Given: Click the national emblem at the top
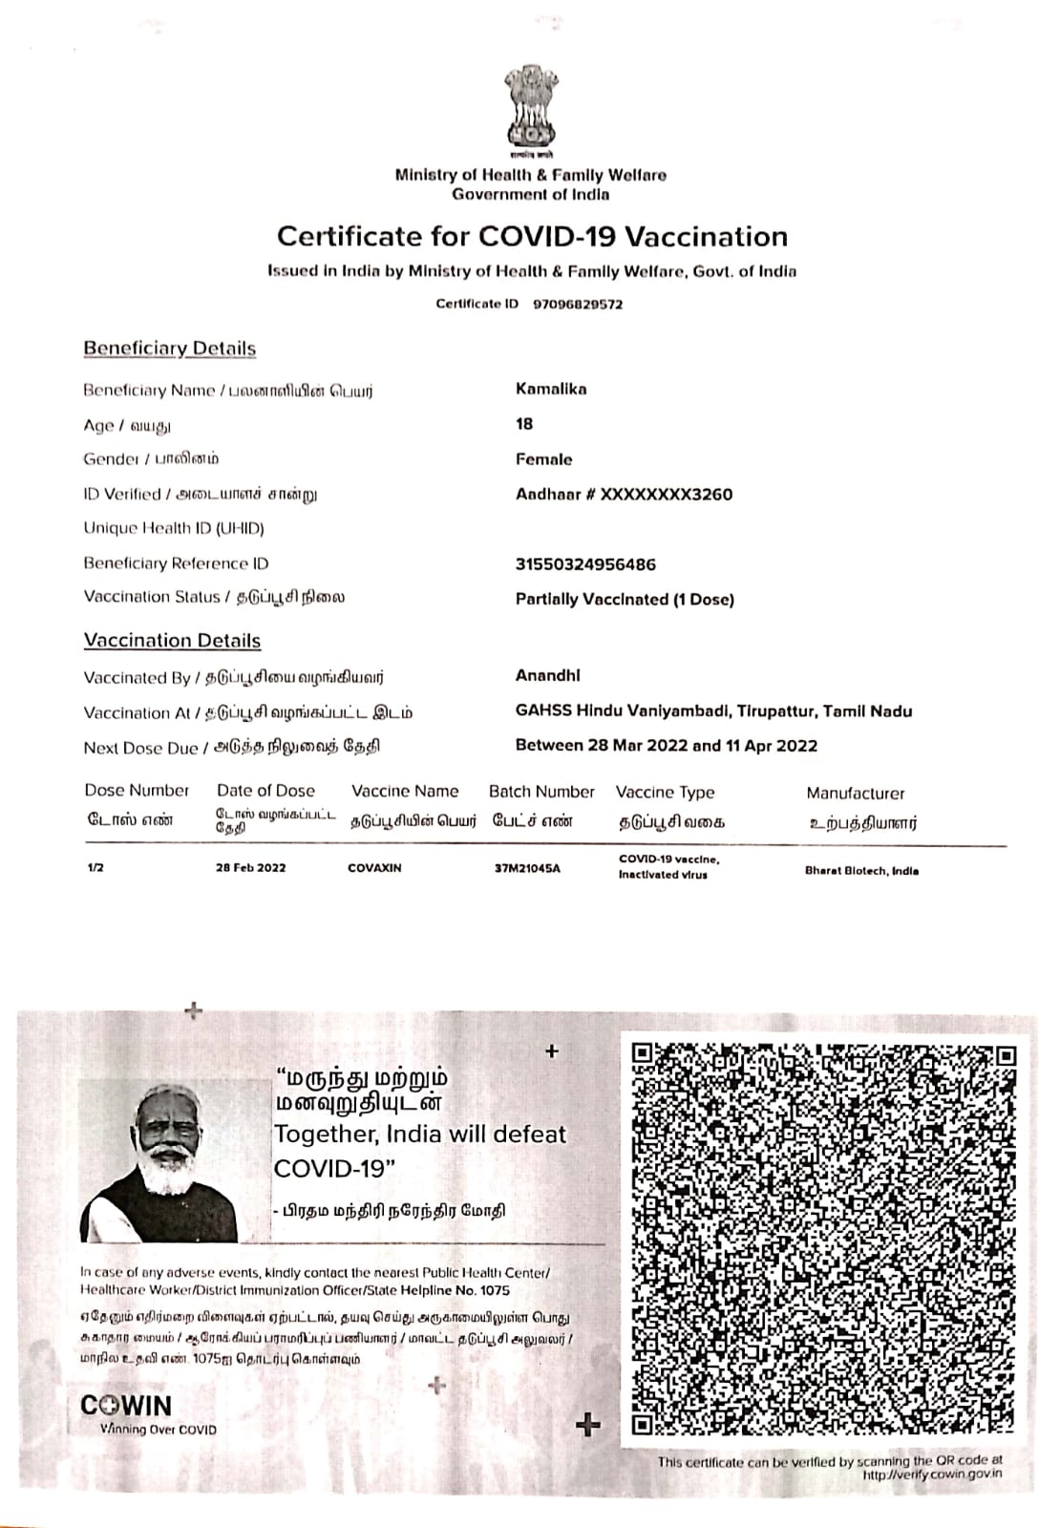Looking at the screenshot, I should click(x=530, y=110).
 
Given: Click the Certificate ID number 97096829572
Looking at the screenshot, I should click(x=578, y=304).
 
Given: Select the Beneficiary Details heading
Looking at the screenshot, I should click(x=169, y=349).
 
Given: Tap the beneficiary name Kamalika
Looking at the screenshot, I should click(x=551, y=389).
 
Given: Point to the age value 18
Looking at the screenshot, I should click(x=524, y=424).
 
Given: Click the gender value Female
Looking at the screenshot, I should click(x=543, y=459).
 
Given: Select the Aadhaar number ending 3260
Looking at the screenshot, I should click(x=624, y=494).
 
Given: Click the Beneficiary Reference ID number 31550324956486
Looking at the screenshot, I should click(x=585, y=564).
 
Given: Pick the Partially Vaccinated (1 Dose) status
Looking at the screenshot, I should click(x=625, y=600).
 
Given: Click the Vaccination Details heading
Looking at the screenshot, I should click(x=172, y=641).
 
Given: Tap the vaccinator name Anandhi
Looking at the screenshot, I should click(x=547, y=675).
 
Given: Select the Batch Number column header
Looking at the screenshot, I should click(x=541, y=792).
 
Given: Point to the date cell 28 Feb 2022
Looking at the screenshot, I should click(x=251, y=868).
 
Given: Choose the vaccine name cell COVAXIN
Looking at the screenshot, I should click(x=374, y=868).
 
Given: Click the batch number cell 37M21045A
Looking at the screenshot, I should click(x=527, y=868).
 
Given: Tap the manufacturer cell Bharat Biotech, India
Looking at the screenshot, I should click(x=861, y=871).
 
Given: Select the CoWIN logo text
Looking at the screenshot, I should click(x=126, y=1407).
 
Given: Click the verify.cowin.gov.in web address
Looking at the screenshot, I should click(x=932, y=1475).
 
